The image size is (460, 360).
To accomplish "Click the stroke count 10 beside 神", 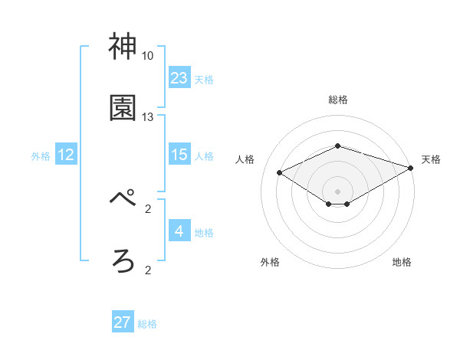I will click(x=147, y=56).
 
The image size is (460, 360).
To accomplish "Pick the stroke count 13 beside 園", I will click(x=147, y=116).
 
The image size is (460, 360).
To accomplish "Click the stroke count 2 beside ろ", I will click(x=147, y=269).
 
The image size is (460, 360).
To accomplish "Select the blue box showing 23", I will click(x=179, y=78).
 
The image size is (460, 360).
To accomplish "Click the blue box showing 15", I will click(x=179, y=155).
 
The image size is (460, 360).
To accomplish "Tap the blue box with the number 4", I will click(x=179, y=231).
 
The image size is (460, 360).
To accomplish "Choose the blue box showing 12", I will click(x=66, y=155).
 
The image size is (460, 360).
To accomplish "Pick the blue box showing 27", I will click(x=123, y=322).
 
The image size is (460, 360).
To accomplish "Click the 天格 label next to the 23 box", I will click(x=204, y=79).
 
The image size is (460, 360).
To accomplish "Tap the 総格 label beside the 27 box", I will click(x=147, y=324).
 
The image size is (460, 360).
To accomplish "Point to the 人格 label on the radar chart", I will click(x=245, y=159).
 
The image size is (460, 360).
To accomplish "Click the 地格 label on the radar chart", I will click(x=402, y=262).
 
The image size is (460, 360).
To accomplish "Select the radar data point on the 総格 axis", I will click(x=337, y=146).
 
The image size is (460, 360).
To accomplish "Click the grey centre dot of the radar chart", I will click(x=337, y=190).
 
